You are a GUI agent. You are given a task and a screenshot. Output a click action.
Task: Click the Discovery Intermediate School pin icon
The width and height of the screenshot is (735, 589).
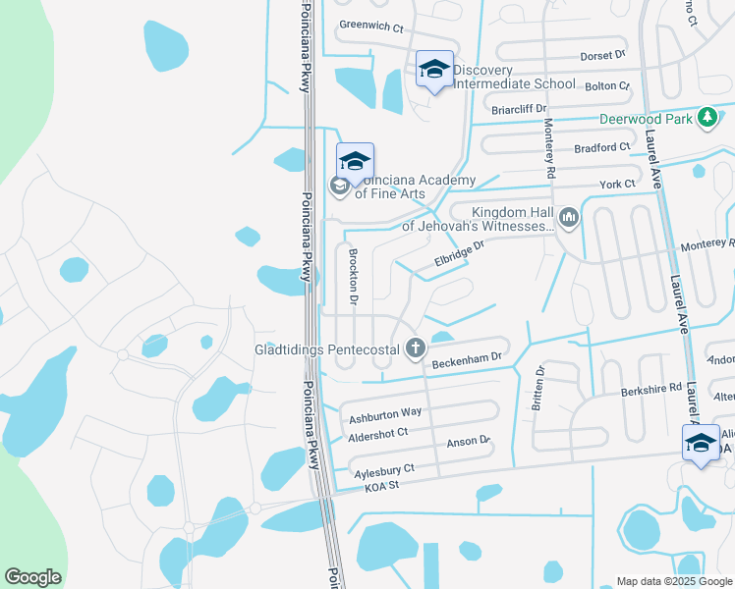(x=434, y=70)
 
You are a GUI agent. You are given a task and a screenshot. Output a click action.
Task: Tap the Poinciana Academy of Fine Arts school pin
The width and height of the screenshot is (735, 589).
(x=355, y=160)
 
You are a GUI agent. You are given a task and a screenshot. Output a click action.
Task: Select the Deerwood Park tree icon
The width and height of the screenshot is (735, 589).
(x=706, y=118)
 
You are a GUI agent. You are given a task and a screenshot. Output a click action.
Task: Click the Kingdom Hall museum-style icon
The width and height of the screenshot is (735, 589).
(x=570, y=217)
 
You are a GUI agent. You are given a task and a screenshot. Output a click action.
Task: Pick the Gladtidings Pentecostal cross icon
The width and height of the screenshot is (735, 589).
(x=416, y=348)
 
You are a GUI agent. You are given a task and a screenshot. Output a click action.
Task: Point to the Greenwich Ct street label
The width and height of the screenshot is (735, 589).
(x=371, y=27)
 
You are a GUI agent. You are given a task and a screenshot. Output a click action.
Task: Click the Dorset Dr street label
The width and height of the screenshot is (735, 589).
(x=602, y=57)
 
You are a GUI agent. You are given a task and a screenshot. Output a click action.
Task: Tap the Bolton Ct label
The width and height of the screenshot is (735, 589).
(x=606, y=85)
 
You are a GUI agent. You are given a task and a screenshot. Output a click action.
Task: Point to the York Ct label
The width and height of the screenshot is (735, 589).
(x=618, y=184)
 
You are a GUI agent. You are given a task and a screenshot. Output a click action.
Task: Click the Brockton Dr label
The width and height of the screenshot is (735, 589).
(x=352, y=275)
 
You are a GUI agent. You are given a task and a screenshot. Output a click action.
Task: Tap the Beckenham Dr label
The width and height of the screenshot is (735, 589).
(x=467, y=360)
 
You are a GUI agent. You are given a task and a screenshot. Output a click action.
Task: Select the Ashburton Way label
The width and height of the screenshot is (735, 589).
(x=386, y=412)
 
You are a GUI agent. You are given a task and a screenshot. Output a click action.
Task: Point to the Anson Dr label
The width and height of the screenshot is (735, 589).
(x=468, y=442)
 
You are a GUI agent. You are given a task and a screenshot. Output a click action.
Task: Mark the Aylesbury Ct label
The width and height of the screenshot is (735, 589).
(x=382, y=470)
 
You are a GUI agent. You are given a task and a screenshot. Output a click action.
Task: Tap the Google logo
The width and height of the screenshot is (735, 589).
(x=32, y=577)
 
